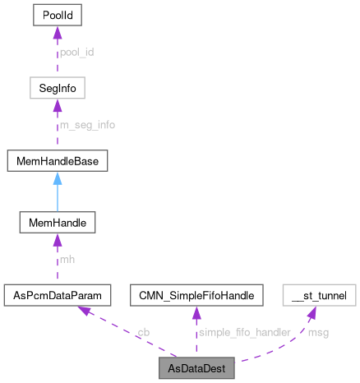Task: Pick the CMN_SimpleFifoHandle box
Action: pyautogui.click(x=196, y=293)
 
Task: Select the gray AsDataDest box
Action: pyautogui.click(x=196, y=366)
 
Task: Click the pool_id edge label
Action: pyautogui.click(x=76, y=52)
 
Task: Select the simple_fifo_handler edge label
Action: pyautogui.click(x=243, y=332)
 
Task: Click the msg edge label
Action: pyautogui.click(x=317, y=332)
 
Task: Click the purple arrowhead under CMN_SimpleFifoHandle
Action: pyautogui.click(x=196, y=311)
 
